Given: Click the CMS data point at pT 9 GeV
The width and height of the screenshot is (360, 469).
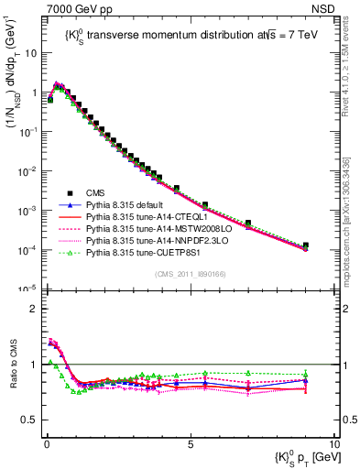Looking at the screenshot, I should tap(305, 245).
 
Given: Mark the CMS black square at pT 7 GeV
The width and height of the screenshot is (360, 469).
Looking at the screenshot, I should tap(247, 224).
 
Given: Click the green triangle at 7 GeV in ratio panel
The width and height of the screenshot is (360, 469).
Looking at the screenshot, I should tap(247, 373).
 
